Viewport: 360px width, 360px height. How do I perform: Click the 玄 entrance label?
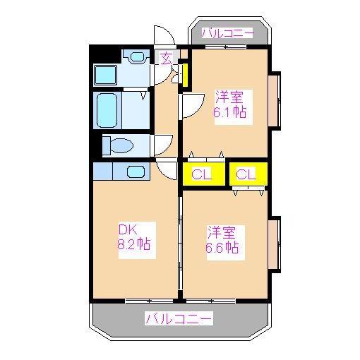pos(166,59)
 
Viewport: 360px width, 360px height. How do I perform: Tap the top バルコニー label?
pos(227,32)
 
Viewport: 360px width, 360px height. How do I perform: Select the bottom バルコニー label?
pos(179,319)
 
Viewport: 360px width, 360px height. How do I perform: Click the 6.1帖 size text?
pos(231,111)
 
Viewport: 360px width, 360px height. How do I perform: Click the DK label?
pos(126,230)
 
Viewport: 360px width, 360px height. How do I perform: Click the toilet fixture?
pos(118,146)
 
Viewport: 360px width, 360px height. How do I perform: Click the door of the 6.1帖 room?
pos(190,106)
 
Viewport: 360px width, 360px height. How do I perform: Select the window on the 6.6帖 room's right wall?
pos(275,244)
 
